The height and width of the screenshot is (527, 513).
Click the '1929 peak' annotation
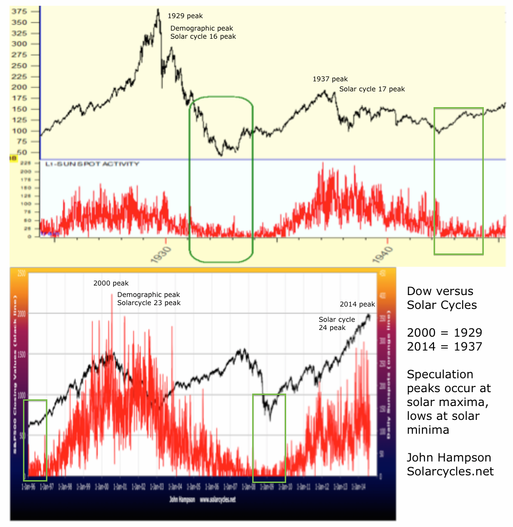tap(185, 16)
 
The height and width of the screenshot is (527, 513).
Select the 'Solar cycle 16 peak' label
tap(203, 37)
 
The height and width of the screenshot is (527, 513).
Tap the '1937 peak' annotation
tap(330, 79)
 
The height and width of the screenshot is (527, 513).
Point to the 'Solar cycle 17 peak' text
tap(372, 89)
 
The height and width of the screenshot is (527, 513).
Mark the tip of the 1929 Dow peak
tap(158, 9)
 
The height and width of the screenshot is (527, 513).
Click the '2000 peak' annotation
tap(111, 284)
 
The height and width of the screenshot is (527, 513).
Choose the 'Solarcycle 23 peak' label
tap(149, 303)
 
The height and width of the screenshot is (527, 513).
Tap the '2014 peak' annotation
tap(357, 304)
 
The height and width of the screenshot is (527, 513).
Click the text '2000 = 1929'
tap(444, 333)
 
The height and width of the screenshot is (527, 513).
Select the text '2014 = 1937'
tap(444, 346)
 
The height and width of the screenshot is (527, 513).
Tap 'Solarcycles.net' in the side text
tap(450, 471)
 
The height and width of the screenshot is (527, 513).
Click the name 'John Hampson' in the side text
tap(449, 458)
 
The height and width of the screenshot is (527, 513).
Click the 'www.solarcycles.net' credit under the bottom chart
tap(217, 500)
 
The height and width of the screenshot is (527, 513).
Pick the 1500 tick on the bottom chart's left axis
tap(21, 354)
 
